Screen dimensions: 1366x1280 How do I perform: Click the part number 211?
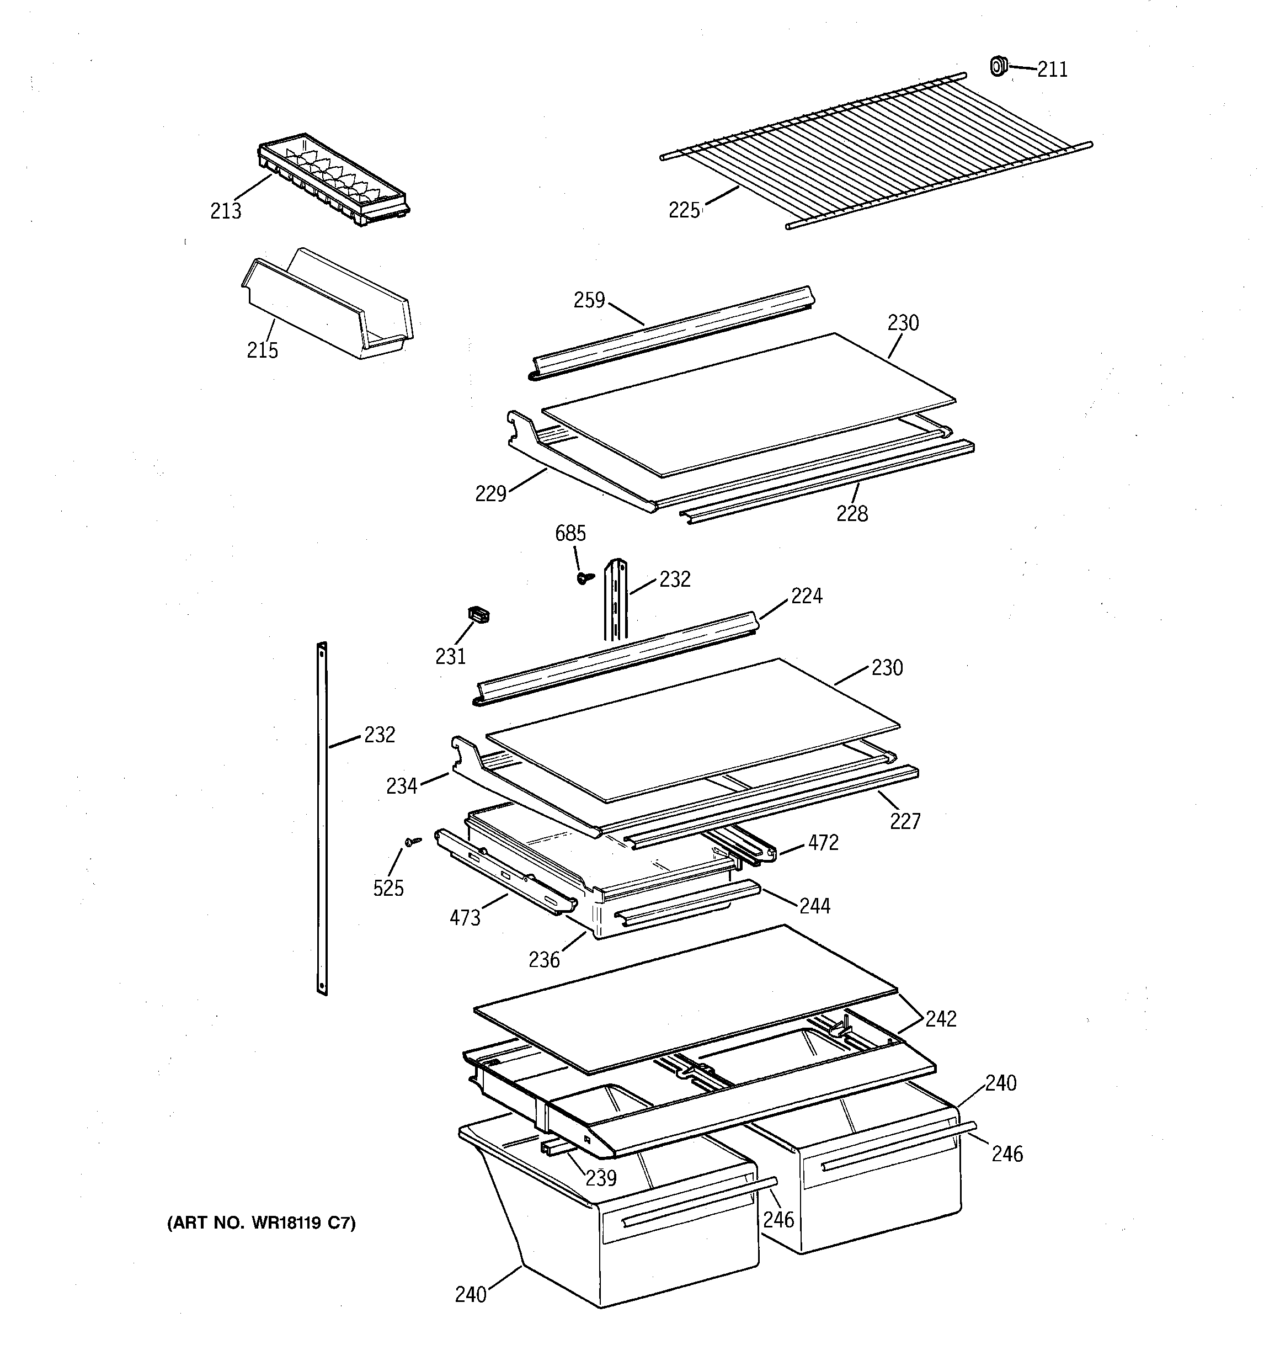click(1052, 70)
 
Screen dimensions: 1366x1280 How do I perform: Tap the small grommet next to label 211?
click(998, 66)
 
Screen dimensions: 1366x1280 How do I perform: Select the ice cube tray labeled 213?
click(333, 180)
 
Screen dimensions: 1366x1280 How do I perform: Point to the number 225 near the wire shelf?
click(684, 210)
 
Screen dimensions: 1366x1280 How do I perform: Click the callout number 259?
click(589, 300)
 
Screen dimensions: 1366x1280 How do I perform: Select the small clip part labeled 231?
click(478, 614)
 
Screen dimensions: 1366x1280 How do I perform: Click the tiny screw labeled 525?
click(412, 841)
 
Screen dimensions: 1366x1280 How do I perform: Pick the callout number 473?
click(465, 917)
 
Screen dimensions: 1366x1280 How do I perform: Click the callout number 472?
click(823, 842)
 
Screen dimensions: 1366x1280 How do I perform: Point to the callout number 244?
click(815, 906)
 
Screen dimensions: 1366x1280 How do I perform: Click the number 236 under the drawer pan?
click(544, 959)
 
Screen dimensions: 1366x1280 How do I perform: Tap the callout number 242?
click(941, 1018)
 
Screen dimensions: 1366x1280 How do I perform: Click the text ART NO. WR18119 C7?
click(262, 1223)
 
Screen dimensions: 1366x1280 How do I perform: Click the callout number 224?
click(806, 596)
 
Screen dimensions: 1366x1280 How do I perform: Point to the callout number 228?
click(852, 513)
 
